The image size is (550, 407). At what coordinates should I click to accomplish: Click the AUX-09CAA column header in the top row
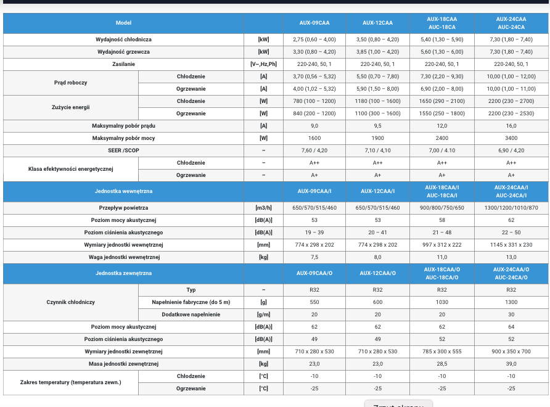click(x=314, y=23)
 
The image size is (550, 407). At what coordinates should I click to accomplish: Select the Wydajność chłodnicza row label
click(x=123, y=39)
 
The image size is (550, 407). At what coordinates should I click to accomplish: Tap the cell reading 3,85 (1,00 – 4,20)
click(x=377, y=52)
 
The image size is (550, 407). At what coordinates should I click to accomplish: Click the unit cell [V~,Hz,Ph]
click(x=263, y=64)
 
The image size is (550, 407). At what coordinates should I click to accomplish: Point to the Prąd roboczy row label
click(x=70, y=83)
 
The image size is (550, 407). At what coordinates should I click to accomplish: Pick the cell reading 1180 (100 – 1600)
click(x=377, y=101)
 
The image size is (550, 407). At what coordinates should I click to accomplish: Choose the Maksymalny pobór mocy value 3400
click(x=511, y=138)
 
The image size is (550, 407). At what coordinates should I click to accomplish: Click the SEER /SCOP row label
click(x=123, y=150)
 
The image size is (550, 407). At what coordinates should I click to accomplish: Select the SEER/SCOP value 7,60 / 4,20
click(x=314, y=150)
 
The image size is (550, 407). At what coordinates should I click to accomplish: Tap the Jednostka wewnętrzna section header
click(x=123, y=191)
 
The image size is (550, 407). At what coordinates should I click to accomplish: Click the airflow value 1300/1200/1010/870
click(x=511, y=208)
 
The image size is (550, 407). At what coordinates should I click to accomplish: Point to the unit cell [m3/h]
click(x=263, y=208)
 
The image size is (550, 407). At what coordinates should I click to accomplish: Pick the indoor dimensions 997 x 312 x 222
click(x=442, y=245)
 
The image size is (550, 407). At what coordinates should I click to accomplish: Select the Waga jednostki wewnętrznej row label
click(x=124, y=257)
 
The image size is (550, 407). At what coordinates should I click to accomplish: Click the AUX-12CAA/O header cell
click(x=377, y=273)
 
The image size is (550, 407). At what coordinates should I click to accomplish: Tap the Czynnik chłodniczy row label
click(x=70, y=302)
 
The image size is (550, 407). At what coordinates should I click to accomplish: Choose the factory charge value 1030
click(x=442, y=302)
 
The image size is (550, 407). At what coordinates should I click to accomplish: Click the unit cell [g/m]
click(x=263, y=314)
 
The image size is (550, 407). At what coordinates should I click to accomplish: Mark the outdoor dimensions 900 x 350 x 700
click(x=511, y=351)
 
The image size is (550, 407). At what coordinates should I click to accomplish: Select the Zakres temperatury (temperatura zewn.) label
click(x=70, y=382)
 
